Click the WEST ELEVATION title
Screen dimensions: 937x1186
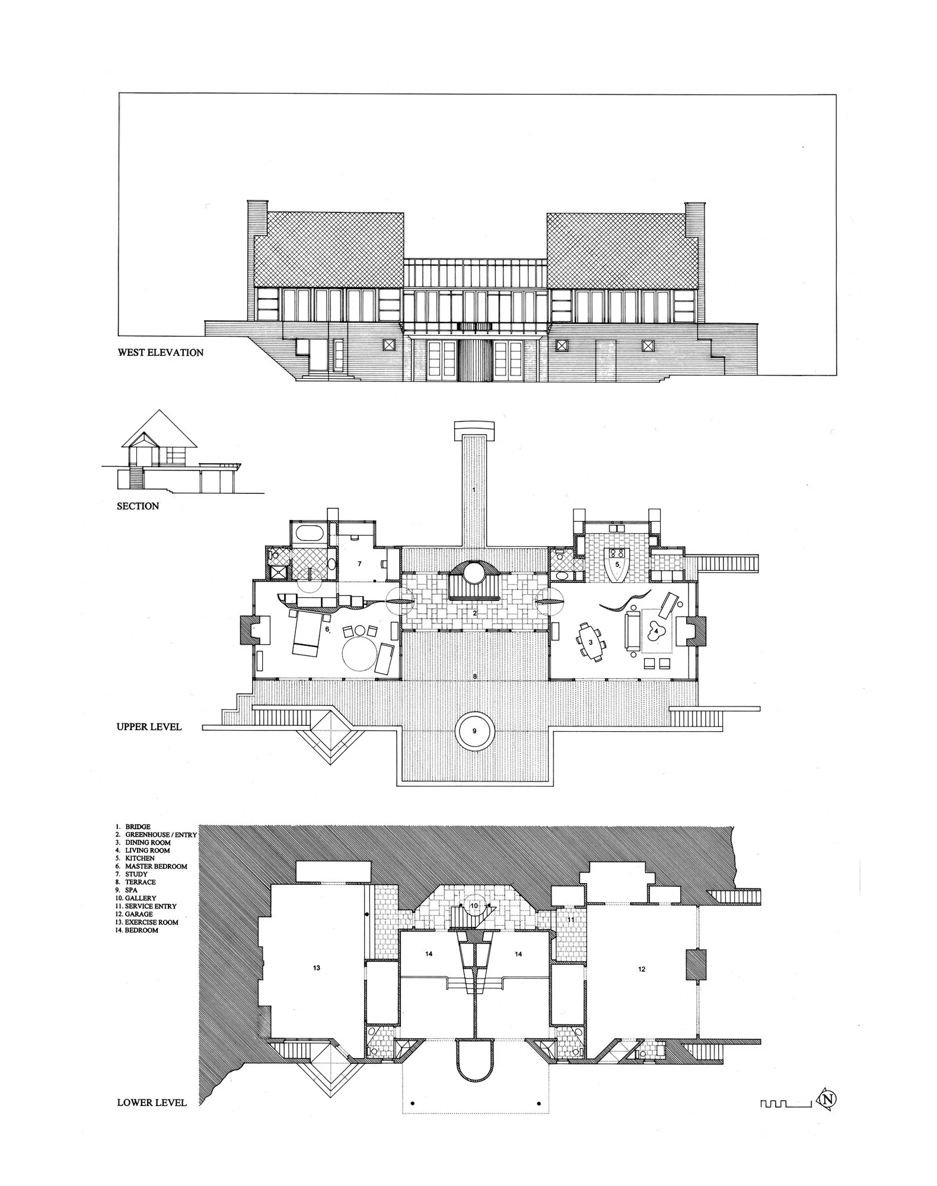(160, 352)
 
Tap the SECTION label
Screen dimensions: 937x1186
(138, 506)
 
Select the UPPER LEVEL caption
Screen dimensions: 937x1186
(149, 726)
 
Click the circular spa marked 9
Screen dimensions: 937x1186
(474, 731)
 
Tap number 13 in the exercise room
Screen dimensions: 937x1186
(317, 967)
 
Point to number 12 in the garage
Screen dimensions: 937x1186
(642, 969)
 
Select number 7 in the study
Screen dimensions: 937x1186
(359, 563)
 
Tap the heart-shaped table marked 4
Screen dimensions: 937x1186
(656, 632)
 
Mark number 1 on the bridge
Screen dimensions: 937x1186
(474, 490)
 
